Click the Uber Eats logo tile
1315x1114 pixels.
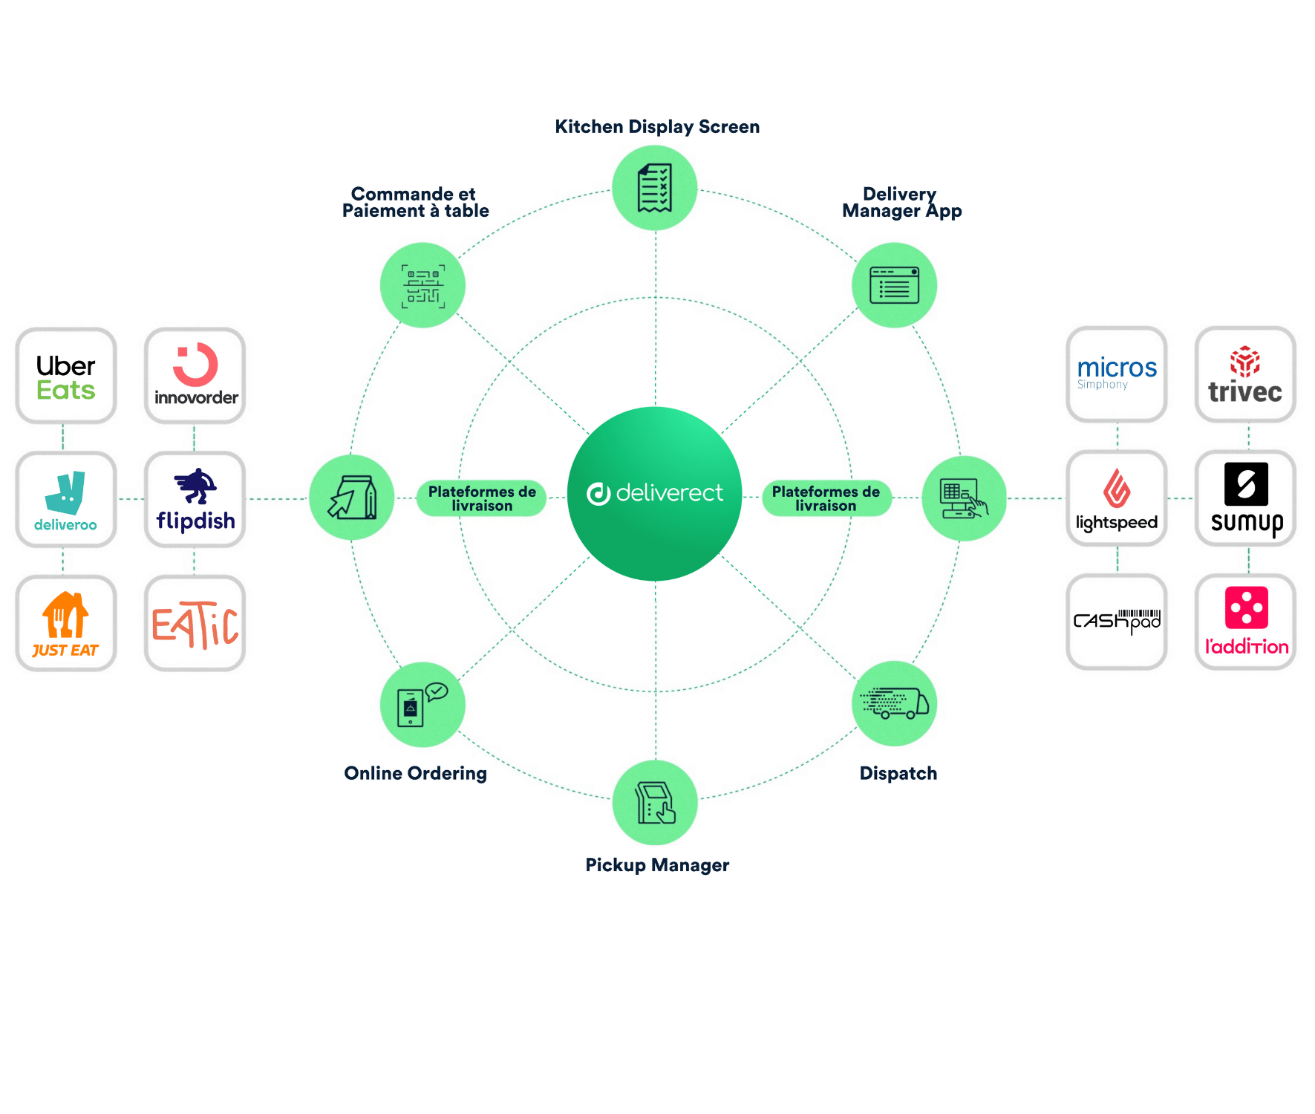click(x=66, y=377)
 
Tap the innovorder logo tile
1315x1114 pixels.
click(x=195, y=377)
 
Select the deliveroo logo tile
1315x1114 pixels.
click(x=66, y=500)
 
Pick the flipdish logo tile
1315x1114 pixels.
click(x=195, y=500)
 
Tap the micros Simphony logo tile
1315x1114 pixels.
click(x=1117, y=375)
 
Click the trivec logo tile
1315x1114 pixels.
click(x=1245, y=375)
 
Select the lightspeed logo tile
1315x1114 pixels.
click(x=1117, y=498)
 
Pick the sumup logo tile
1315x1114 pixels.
click(x=1245, y=498)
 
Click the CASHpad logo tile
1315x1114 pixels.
click(x=1117, y=622)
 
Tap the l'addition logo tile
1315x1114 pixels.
click(x=1245, y=622)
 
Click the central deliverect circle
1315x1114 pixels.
click(x=655, y=494)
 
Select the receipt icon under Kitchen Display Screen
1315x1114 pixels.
click(x=655, y=188)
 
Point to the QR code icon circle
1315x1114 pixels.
click(x=422, y=285)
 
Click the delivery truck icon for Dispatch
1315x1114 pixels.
click(x=894, y=703)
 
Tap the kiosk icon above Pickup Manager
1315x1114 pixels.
click(x=655, y=803)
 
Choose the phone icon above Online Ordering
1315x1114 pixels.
click(x=422, y=705)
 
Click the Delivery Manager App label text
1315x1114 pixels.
click(x=901, y=203)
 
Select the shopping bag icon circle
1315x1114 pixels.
click(x=352, y=498)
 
